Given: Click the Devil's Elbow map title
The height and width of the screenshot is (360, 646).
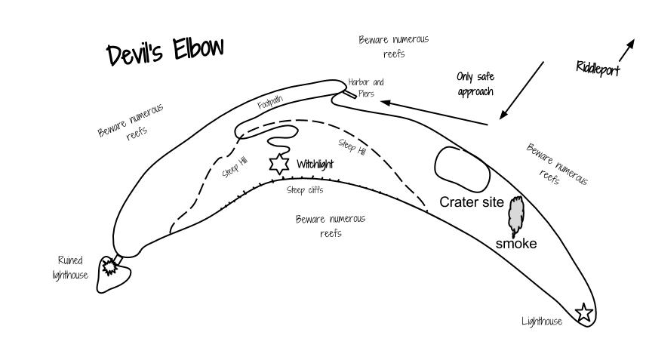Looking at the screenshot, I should (x=165, y=52).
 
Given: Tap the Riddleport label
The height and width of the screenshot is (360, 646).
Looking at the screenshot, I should (x=598, y=68).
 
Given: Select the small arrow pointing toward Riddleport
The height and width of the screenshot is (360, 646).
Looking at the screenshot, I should (x=626, y=51).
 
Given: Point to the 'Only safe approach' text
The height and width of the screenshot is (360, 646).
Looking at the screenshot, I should (x=475, y=84).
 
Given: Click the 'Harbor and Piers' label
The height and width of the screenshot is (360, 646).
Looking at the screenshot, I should (x=366, y=87).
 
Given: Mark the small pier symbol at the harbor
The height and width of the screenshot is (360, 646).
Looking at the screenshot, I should (x=349, y=95).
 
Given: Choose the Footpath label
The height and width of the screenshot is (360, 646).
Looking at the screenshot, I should (x=270, y=103).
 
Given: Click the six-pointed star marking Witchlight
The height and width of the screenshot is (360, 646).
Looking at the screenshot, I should (x=280, y=164).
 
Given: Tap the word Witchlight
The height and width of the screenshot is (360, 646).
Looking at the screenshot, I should (x=315, y=164).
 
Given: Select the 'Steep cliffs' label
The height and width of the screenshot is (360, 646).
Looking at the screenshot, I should (x=305, y=190).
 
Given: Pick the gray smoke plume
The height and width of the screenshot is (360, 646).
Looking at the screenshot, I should (x=515, y=216).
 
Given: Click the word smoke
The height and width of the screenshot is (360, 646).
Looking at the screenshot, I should (x=516, y=244).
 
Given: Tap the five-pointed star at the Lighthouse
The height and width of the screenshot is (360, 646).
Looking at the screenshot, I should (x=583, y=312).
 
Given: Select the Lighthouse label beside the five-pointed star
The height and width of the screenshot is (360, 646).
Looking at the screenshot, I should (x=542, y=322).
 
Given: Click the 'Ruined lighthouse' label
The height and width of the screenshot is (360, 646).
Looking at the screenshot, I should (x=70, y=268).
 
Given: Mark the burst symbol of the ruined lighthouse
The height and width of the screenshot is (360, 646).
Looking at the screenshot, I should (x=110, y=266).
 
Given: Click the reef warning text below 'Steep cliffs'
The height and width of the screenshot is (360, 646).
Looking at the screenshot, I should (x=330, y=226).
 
